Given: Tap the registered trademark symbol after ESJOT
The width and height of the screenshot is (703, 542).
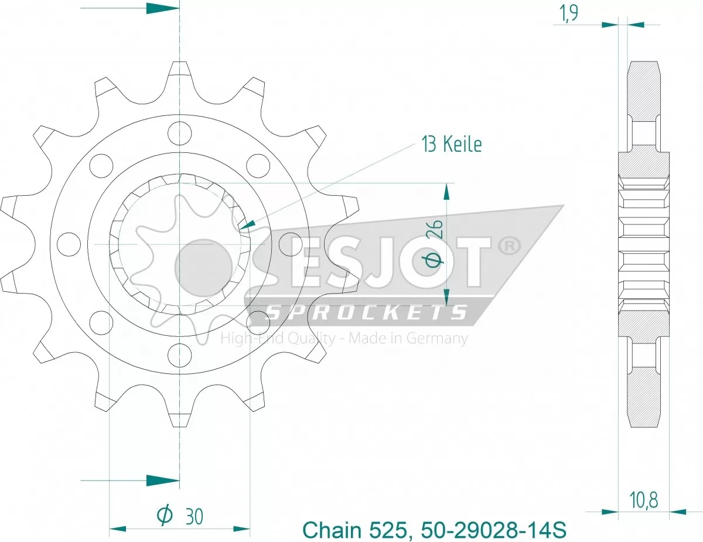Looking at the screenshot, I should [x=508, y=247].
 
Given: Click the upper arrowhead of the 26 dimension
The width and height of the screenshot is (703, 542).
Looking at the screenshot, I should [x=446, y=190].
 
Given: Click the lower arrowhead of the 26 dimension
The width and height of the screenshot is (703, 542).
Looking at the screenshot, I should [x=446, y=297].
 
